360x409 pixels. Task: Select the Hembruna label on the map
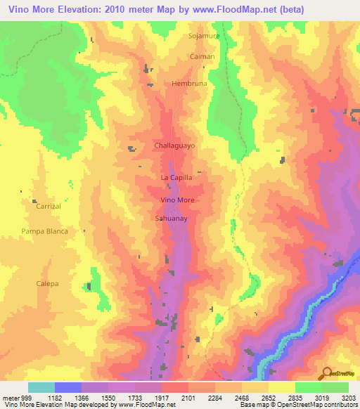click(x=186, y=83)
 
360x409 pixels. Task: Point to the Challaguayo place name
click(x=174, y=145)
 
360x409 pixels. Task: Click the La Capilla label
click(x=176, y=178)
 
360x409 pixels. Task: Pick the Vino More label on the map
click(x=177, y=200)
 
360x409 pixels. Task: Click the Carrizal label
click(x=49, y=207)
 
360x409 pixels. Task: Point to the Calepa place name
click(x=48, y=283)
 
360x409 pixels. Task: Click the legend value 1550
click(x=95, y=397)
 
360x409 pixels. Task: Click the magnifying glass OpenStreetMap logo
click(x=328, y=373)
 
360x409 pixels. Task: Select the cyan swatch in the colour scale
click(x=41, y=387)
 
